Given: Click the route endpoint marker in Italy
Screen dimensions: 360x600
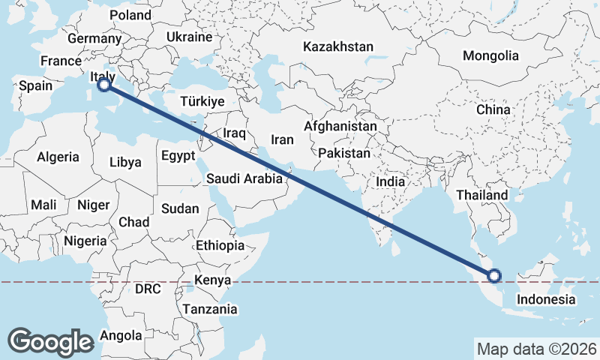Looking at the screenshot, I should point(103,85).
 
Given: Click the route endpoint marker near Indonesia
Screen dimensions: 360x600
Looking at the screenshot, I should point(495,276).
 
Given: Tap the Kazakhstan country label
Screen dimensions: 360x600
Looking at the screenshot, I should point(338,46).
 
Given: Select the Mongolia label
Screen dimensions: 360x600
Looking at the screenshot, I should point(490,55).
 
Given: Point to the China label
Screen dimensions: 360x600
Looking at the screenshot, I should point(493,109).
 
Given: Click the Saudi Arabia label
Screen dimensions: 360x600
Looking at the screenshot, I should point(244,178).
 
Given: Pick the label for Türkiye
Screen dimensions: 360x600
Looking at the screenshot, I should point(202,101).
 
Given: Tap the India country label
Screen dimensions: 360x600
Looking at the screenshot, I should point(390,181).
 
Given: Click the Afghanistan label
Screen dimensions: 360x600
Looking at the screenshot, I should point(340,127).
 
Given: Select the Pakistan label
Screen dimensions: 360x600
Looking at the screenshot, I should point(344,153).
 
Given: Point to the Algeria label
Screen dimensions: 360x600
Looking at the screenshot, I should point(58,157).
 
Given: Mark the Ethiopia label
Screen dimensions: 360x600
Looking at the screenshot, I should point(220,245).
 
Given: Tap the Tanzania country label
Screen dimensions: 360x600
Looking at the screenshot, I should point(209,309).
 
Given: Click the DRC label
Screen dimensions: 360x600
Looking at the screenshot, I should point(148,289).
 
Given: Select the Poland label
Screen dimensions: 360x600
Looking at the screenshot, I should point(130,15).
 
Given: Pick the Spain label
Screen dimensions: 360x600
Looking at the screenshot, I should point(35,85).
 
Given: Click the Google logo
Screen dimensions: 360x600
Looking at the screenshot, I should point(50,341).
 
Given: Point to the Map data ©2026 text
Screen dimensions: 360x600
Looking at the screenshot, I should point(536,349).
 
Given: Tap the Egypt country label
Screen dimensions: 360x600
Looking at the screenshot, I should point(178,155).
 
